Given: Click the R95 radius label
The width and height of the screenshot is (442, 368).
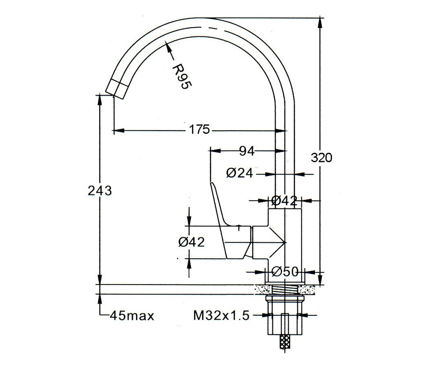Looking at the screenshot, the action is tap(182, 76).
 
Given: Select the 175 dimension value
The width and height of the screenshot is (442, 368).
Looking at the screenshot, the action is tap(199, 130).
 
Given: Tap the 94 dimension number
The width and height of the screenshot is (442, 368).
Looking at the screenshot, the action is tap(247, 151).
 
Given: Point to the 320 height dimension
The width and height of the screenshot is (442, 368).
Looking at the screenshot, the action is tap(321, 158).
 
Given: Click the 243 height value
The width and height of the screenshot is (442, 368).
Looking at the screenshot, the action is tap(100, 191).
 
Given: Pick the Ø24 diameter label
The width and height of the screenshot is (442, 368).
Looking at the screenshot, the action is tap(240, 173).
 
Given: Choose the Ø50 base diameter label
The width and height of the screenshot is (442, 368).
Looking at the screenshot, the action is tap(285, 272).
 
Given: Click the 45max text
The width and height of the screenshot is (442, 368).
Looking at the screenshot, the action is tap(132, 316).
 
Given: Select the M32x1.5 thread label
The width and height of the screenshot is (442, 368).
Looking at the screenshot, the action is tap(221, 316).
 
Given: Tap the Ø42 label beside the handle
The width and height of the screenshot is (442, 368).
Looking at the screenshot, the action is tap(192, 242).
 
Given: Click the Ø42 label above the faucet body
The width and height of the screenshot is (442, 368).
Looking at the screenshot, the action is tap(284, 201).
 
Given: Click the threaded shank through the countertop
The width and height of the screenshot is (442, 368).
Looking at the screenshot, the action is tap(285, 290).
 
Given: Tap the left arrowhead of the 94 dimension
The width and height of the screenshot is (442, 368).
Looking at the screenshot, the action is tap(215, 151).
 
